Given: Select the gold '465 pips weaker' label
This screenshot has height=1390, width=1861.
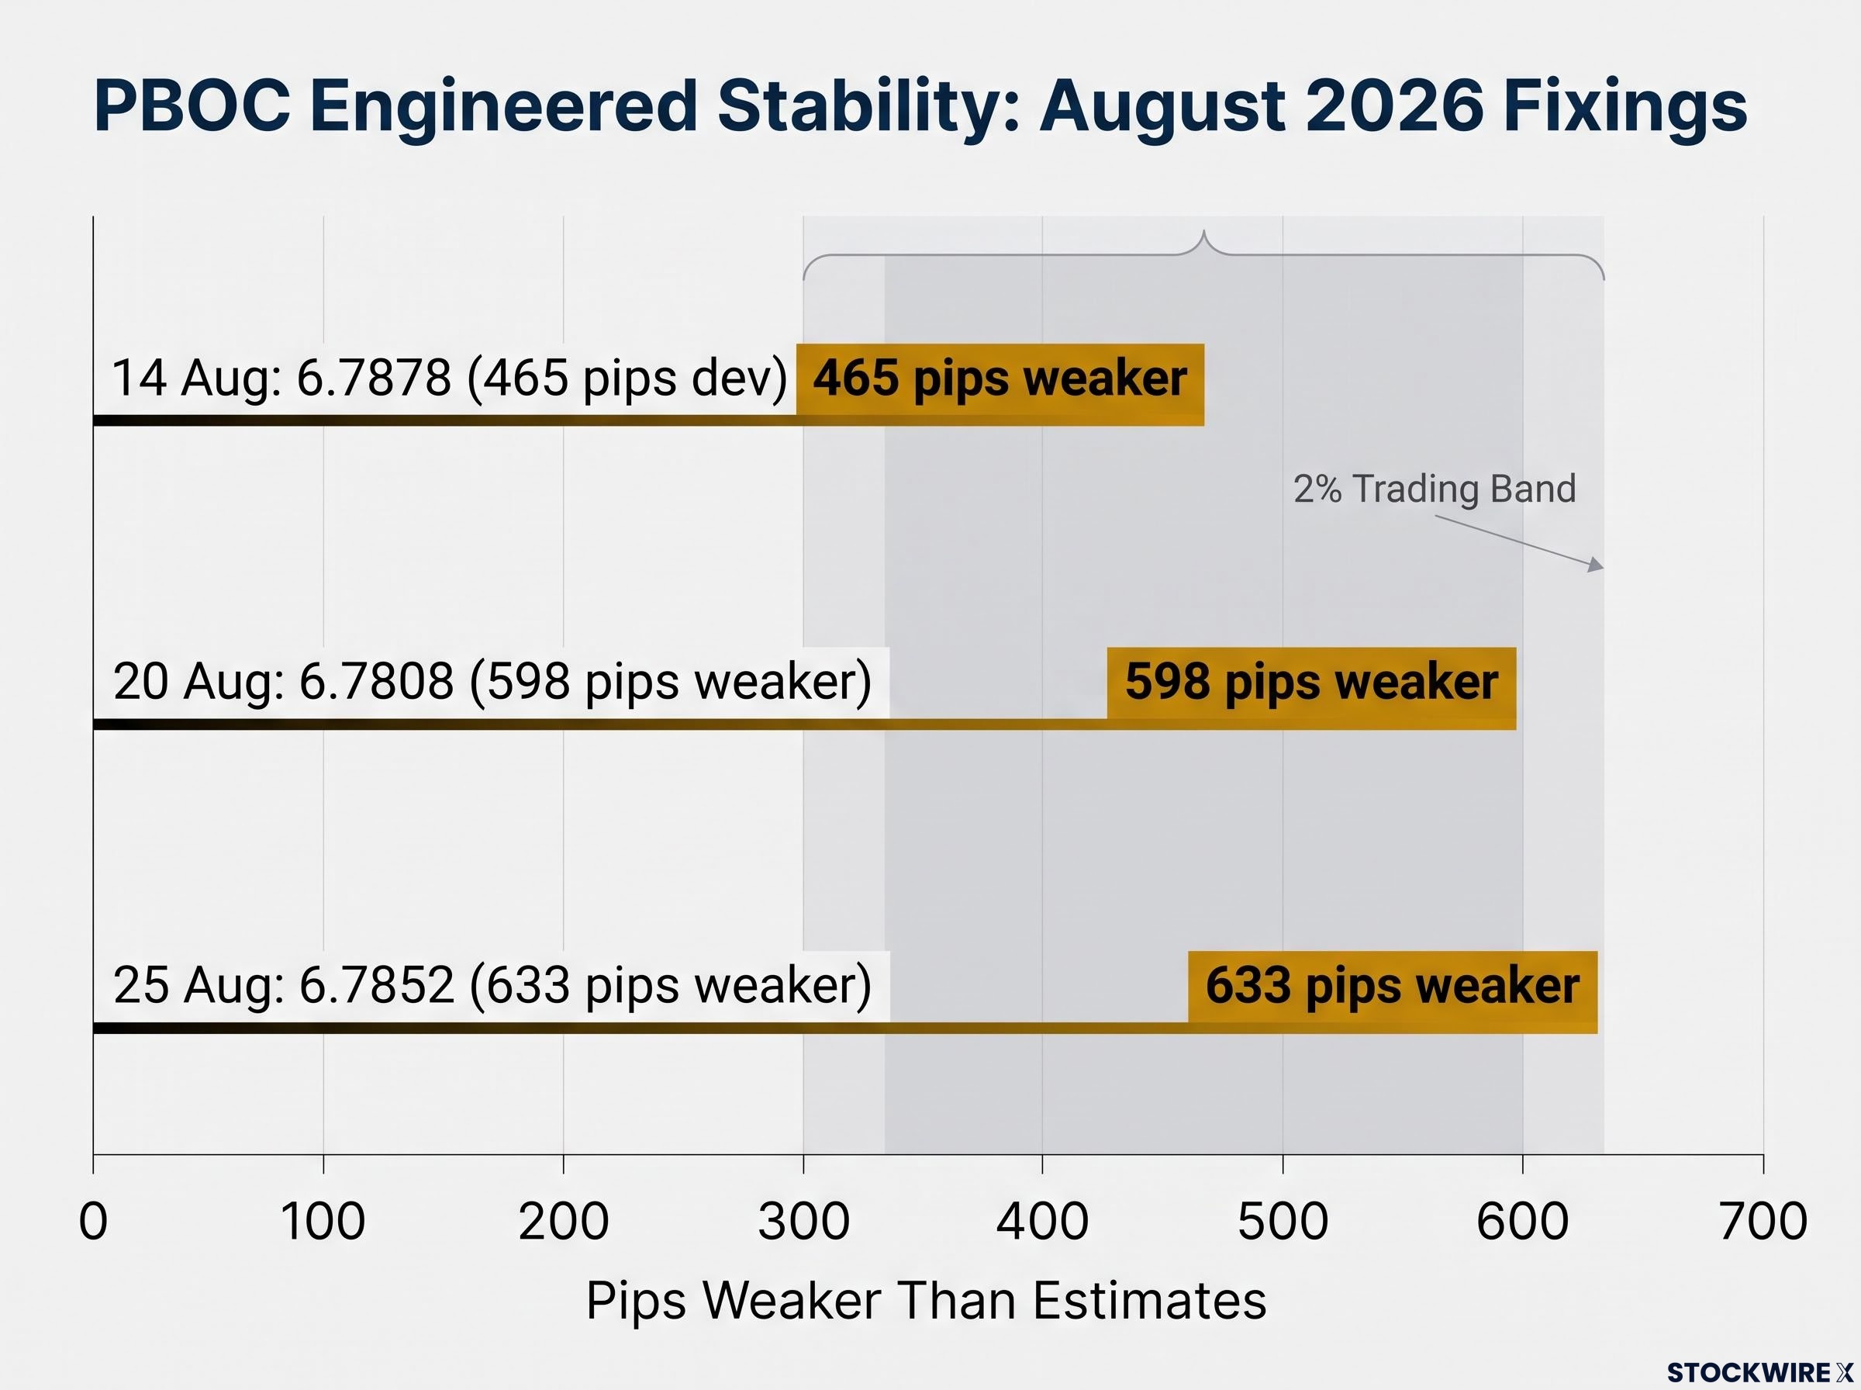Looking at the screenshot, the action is [1000, 379].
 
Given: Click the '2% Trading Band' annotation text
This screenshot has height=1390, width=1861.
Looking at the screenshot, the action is [1434, 489].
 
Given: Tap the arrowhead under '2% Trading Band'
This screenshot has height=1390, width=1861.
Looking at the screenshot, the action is [1596, 565].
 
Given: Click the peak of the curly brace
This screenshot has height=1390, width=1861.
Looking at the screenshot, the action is [1204, 230].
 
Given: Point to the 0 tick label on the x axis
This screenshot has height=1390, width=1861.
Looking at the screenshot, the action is [93, 1222].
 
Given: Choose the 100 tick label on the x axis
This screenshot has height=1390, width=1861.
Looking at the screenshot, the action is [323, 1222].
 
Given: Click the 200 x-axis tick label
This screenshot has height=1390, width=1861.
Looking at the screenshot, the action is [564, 1222].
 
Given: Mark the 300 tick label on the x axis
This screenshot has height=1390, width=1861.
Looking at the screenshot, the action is [803, 1222].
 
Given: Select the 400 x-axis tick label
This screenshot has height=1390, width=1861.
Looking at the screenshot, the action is [1043, 1222].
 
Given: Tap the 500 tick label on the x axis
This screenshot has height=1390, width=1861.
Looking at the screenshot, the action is [1283, 1222].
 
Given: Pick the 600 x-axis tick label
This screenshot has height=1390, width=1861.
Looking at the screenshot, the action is [1522, 1222].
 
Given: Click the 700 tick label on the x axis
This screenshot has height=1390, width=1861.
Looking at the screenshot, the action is [1763, 1222].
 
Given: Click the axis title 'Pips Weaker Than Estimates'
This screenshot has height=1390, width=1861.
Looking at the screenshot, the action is [926, 1301].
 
